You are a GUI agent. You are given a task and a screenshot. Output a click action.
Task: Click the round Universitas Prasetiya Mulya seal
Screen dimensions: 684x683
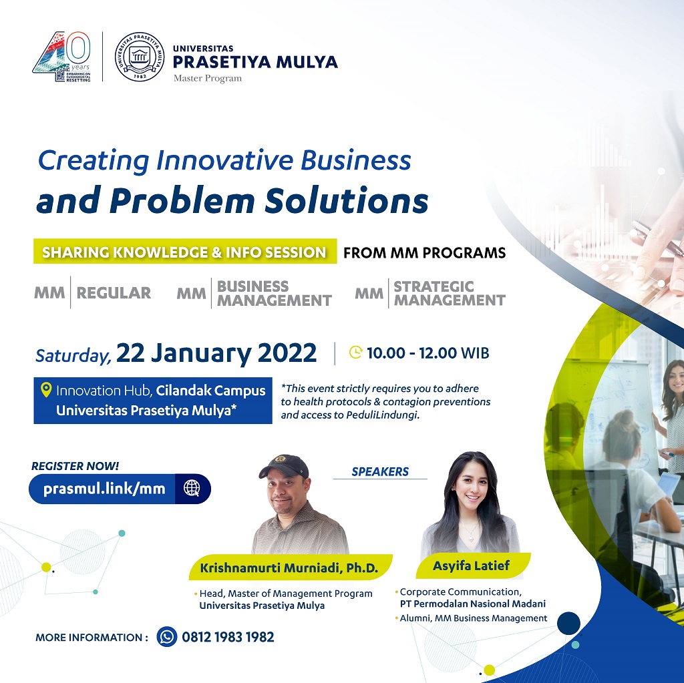(140, 57)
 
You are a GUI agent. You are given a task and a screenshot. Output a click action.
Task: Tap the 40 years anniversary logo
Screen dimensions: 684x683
(62, 57)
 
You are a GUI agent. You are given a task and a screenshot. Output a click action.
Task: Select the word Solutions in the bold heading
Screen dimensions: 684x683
(347, 201)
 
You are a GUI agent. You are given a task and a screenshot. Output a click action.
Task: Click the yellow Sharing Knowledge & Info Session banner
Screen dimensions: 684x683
(185, 251)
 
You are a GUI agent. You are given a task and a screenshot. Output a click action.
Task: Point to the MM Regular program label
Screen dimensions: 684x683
(92, 292)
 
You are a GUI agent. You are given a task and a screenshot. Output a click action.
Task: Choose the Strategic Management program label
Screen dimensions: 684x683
(430, 293)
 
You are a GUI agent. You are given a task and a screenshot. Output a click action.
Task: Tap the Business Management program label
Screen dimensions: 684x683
(254, 293)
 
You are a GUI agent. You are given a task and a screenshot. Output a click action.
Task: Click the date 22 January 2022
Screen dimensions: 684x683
(216, 353)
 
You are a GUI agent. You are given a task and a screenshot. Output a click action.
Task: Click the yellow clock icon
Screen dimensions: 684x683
(356, 352)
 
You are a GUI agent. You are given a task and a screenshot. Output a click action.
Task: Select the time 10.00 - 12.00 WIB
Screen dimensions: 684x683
(428, 353)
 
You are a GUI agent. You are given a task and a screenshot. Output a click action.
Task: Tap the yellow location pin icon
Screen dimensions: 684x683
(46, 390)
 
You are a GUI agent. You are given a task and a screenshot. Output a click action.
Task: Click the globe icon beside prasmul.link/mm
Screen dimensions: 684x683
(192, 489)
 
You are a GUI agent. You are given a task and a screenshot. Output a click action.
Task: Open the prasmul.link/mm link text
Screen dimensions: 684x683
(104, 489)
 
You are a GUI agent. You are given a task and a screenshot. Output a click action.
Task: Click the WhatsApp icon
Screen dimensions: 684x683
(166, 637)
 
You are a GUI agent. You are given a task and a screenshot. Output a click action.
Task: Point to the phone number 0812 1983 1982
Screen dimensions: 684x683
(228, 637)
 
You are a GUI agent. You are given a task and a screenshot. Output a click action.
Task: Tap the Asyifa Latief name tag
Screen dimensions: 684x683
(472, 565)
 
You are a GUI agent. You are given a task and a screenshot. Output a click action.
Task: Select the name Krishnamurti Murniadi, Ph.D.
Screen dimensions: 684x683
(289, 568)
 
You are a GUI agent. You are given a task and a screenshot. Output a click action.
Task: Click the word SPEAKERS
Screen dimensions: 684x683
(380, 471)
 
